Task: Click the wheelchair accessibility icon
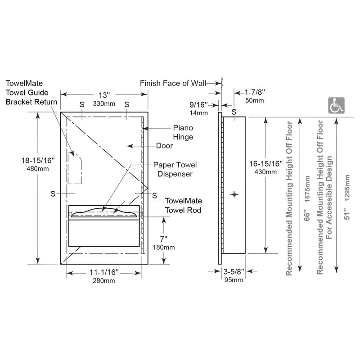(336, 105)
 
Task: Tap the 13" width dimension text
(104, 95)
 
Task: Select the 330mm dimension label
(104, 104)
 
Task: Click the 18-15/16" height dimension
(38, 161)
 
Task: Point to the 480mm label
(38, 169)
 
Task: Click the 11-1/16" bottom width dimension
(104, 272)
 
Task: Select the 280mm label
(104, 280)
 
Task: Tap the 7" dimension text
(164, 239)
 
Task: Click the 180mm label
(164, 247)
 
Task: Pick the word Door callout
(164, 146)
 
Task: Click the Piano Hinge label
(183, 132)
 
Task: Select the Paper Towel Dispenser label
(175, 170)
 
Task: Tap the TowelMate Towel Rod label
(184, 206)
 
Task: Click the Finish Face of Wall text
(173, 83)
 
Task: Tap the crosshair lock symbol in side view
(234, 194)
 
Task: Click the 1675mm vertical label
(307, 189)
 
